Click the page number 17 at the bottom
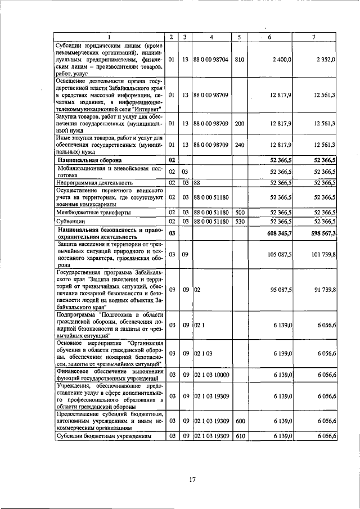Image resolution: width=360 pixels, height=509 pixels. (x=192, y=480)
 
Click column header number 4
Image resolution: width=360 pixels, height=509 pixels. (x=211, y=37)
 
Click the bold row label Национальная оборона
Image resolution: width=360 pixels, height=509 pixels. (x=83, y=160)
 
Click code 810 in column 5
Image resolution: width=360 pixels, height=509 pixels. (x=239, y=59)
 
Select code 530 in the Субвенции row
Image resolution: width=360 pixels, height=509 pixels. (x=239, y=223)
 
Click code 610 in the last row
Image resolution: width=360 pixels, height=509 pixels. (x=239, y=436)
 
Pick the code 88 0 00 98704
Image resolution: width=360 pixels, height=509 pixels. (x=211, y=59)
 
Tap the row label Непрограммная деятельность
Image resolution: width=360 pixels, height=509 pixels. (x=94, y=183)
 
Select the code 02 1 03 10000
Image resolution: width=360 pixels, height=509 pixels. (x=211, y=375)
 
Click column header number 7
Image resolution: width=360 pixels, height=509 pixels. (x=314, y=37)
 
